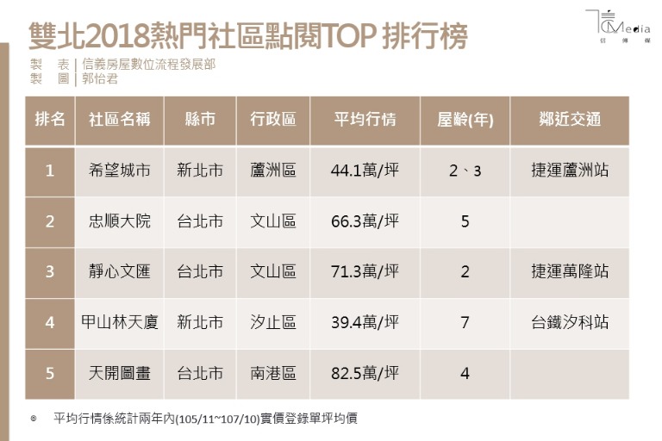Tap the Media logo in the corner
pyautogui.click(x=618, y=25)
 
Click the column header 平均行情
pyautogui.click(x=365, y=120)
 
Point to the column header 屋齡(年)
pyautogui.click(x=465, y=120)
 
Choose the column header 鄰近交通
pyautogui.click(x=569, y=120)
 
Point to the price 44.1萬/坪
pyautogui.click(x=365, y=171)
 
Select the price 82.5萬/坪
pyautogui.click(x=365, y=373)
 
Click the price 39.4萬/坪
pyautogui.click(x=365, y=322)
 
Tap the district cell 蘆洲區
pyautogui.click(x=272, y=171)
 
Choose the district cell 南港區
pyautogui.click(x=272, y=373)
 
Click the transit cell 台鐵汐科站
pyautogui.click(x=569, y=322)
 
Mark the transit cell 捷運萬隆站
pyautogui.click(x=569, y=271)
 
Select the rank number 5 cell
pyautogui.click(x=50, y=373)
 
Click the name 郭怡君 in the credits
pyautogui.click(x=100, y=78)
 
